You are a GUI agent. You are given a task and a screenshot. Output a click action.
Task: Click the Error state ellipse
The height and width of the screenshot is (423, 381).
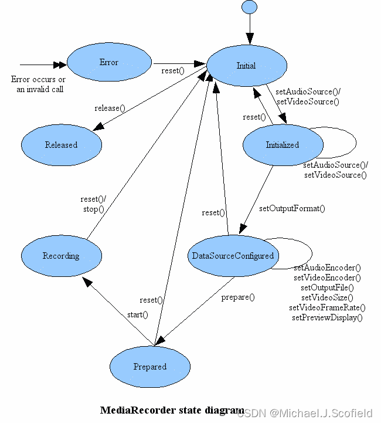(109, 62)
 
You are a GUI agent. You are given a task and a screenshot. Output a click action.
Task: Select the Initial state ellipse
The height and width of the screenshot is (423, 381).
(246, 66)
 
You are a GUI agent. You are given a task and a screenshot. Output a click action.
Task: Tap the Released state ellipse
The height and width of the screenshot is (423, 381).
(61, 145)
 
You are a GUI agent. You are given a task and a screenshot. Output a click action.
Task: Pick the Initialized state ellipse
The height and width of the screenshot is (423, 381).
(283, 145)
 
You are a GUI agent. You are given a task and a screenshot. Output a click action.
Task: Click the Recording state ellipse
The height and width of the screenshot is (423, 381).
(61, 256)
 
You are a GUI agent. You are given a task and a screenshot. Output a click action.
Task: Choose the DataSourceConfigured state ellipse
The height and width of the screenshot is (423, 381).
(233, 256)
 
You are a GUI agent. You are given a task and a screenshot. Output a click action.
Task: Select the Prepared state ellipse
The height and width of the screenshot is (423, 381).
(150, 367)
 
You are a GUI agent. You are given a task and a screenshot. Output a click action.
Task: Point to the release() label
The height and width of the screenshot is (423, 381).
(110, 108)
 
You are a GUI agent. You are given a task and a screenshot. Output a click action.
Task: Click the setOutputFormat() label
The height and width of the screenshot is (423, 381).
(292, 208)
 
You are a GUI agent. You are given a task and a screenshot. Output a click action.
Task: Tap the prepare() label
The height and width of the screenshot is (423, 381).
(238, 297)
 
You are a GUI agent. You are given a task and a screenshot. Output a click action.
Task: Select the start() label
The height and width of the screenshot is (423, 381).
(137, 315)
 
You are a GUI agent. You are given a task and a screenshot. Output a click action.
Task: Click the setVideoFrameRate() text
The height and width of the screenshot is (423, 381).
(327, 307)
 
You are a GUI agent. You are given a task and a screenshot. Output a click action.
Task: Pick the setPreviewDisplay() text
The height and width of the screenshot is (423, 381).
(327, 317)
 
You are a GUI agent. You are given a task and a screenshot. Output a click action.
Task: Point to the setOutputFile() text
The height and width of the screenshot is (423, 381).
(327, 287)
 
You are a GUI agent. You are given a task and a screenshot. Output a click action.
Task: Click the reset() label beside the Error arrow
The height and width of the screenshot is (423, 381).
(173, 71)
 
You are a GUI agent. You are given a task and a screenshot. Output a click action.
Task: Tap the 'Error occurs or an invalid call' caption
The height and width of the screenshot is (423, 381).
(38, 84)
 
